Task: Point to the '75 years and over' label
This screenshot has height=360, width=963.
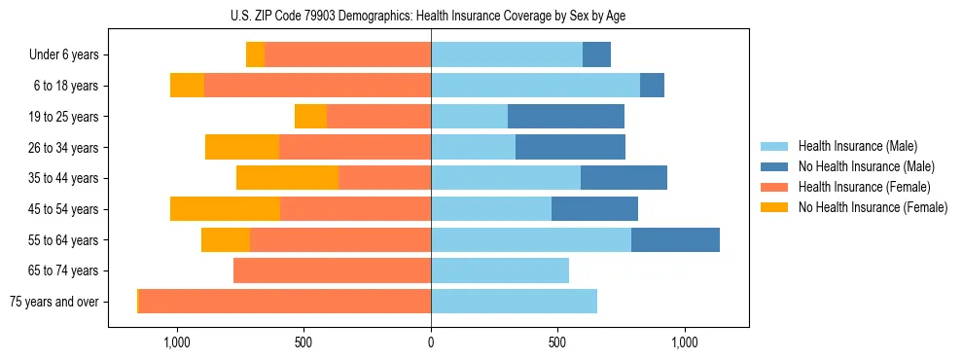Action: click(54, 302)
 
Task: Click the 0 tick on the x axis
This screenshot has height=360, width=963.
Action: click(431, 342)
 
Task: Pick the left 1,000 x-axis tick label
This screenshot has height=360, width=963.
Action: click(177, 342)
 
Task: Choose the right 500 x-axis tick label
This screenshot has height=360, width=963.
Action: click(557, 342)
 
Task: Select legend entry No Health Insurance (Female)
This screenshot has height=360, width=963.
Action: click(873, 207)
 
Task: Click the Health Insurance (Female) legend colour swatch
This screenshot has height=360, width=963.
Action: click(774, 187)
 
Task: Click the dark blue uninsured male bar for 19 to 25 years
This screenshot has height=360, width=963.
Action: click(566, 117)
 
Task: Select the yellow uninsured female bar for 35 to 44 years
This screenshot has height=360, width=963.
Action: click(288, 178)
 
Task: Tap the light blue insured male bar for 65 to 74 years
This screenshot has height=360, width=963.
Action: click(500, 270)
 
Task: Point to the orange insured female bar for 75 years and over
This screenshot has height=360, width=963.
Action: click(285, 302)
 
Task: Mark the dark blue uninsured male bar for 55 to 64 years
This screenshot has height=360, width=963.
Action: click(675, 239)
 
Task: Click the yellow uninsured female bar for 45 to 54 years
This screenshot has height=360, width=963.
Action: click(225, 209)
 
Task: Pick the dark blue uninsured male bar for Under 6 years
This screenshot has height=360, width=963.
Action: click(596, 54)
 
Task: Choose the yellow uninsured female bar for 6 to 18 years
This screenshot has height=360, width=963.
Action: click(187, 86)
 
